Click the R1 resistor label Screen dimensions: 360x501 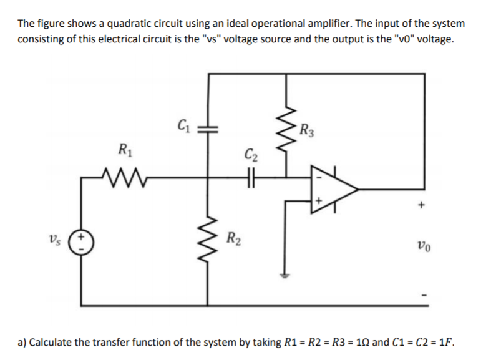(x=124, y=149)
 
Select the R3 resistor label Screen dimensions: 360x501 (x=306, y=131)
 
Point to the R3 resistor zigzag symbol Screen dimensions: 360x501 (x=287, y=135)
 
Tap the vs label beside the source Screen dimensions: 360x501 (x=55, y=240)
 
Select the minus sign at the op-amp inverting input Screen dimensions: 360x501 (x=318, y=177)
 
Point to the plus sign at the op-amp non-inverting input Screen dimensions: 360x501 (x=319, y=201)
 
